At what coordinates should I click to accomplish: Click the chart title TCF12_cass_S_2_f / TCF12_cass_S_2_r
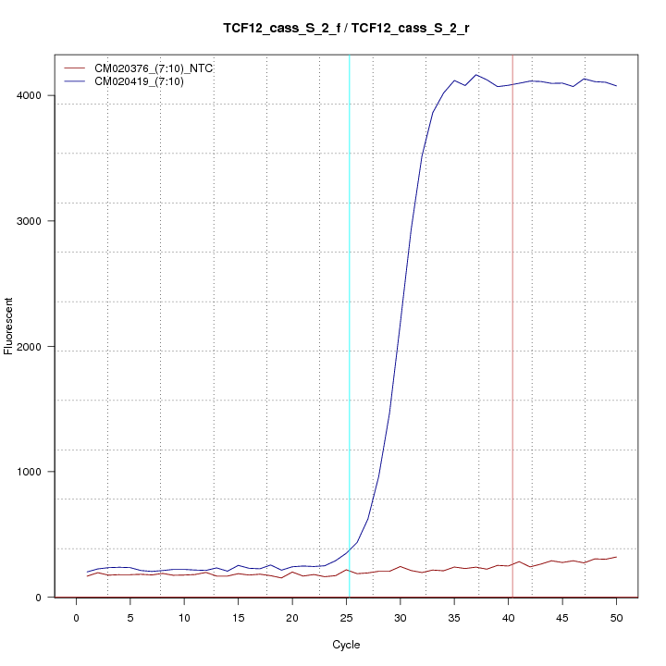(346, 29)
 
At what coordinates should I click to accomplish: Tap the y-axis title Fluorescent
(9, 326)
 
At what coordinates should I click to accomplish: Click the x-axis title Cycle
(346, 645)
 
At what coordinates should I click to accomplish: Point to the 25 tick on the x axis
(346, 617)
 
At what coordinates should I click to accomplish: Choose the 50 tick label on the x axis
(616, 617)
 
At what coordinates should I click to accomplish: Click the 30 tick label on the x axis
(400, 617)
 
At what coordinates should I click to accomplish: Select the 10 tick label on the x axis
(184, 617)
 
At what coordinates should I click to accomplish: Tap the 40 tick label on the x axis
(508, 617)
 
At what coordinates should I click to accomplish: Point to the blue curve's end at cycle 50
(616, 86)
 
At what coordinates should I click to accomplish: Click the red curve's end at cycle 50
(616, 557)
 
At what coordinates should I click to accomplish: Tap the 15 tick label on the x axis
(238, 617)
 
